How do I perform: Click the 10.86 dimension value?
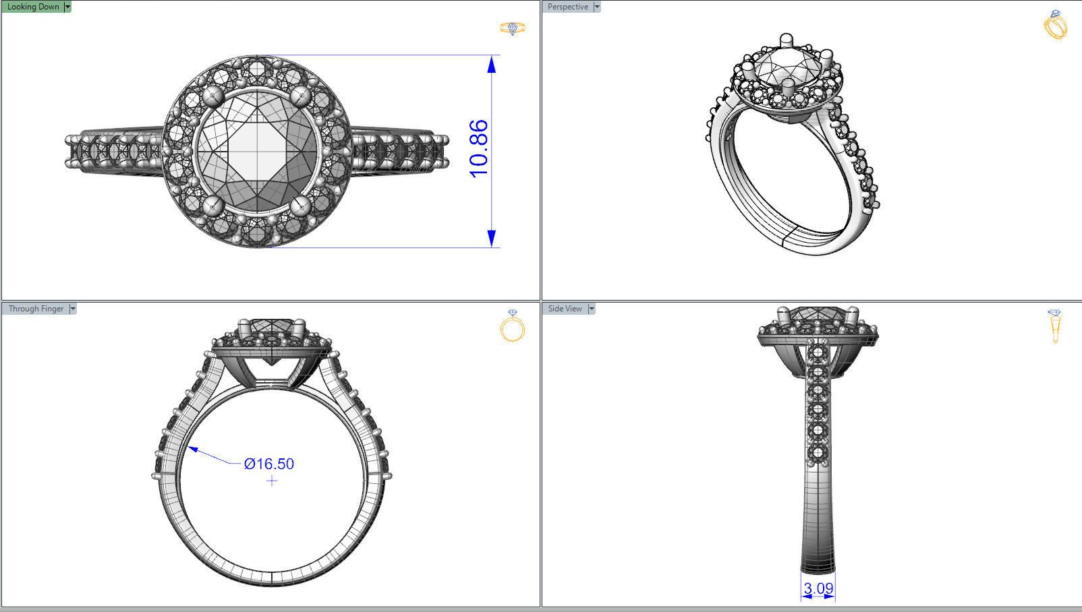(478, 149)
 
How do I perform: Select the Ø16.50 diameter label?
(269, 464)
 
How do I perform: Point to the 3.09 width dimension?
(818, 588)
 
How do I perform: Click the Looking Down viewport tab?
(33, 7)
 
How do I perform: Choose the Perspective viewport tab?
(567, 7)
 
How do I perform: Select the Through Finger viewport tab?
(36, 309)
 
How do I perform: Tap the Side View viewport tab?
(565, 309)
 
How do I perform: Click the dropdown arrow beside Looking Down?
(67, 7)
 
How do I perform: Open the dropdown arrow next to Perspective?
(597, 7)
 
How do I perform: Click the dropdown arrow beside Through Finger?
(73, 309)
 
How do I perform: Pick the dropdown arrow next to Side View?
(592, 309)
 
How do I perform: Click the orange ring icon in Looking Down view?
(513, 28)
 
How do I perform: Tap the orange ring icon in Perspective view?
(1055, 25)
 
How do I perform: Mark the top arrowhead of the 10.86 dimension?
(492, 64)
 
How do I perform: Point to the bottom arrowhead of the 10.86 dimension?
(492, 238)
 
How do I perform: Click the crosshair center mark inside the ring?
(271, 481)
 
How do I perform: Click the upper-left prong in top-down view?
(214, 96)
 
